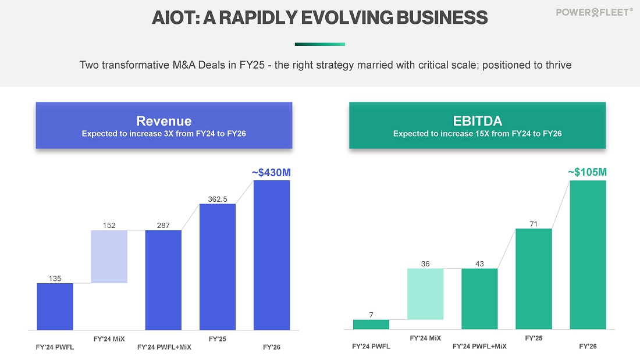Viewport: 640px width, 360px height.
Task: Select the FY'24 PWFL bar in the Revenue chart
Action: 55,306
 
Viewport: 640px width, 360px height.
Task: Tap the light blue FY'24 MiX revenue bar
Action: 109,256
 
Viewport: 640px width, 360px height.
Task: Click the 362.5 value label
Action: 218,199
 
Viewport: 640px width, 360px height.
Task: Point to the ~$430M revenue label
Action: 271,172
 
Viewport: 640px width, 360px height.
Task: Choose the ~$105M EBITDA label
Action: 587,172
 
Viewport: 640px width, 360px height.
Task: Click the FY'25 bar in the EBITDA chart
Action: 534,279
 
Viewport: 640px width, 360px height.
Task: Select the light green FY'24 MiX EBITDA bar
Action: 425,294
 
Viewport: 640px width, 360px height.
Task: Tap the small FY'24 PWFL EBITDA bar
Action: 371,325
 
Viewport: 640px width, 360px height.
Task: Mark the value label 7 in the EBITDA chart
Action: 371,315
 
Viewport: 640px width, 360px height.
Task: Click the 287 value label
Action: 163,226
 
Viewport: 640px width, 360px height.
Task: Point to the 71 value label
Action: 534,223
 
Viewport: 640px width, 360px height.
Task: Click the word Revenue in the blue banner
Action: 163,121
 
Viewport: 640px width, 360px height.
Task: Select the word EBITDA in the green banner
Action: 477,121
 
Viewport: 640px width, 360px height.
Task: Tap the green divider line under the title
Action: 320,44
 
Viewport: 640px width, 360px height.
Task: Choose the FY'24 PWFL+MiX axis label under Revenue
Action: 164,347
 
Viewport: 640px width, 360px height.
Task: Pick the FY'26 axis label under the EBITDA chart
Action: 588,347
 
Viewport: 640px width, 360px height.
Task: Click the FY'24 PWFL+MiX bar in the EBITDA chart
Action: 479,299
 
